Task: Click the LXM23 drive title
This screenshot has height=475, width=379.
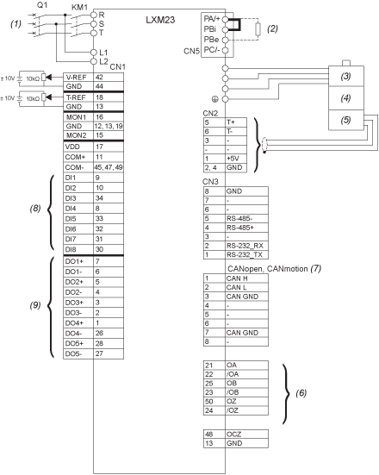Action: [x=160, y=20]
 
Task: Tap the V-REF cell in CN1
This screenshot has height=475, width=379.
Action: [x=78, y=78]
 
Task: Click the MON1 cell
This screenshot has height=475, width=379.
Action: [x=78, y=117]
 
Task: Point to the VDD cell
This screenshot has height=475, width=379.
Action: [x=78, y=147]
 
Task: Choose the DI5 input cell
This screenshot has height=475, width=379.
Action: [x=78, y=219]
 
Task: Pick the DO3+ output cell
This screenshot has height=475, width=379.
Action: [x=78, y=303]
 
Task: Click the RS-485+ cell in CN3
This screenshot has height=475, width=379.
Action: [x=246, y=228]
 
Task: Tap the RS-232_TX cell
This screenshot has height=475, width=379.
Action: [x=246, y=255]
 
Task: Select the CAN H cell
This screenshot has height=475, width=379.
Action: [x=246, y=278]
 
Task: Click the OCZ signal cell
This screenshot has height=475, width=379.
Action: [x=246, y=434]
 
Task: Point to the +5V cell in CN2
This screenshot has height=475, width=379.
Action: [x=236, y=159]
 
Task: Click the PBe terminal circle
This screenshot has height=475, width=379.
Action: [x=225, y=40]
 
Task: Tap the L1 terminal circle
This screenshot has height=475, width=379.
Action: [x=94, y=53]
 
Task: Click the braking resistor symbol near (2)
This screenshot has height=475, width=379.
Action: [x=258, y=29]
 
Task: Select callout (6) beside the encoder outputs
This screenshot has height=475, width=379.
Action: [x=301, y=393]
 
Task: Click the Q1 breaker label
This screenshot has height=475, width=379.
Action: [x=42, y=5]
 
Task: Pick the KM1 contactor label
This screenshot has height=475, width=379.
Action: [x=79, y=7]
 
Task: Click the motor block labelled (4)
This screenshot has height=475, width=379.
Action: [x=346, y=98]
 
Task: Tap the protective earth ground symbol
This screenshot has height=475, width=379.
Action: [x=215, y=99]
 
